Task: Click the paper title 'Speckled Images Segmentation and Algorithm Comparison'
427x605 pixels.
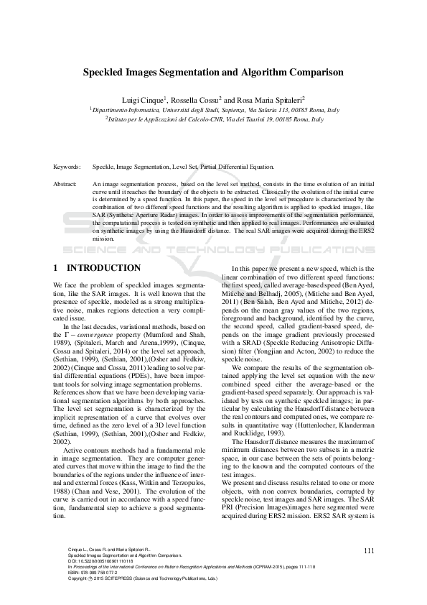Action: [x=213, y=73]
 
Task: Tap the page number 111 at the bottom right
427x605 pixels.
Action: [x=370, y=550]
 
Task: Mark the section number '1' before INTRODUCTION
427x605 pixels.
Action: [x=55, y=268]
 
